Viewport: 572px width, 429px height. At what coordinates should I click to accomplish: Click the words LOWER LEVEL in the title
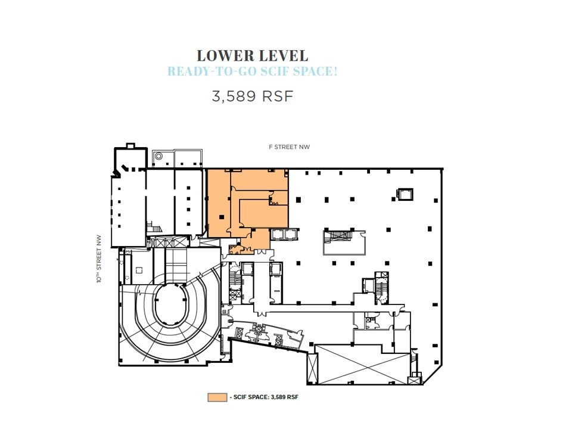(253, 56)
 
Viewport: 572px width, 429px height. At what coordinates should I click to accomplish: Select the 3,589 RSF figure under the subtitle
(253, 96)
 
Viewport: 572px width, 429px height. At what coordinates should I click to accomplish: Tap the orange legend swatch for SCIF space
(217, 397)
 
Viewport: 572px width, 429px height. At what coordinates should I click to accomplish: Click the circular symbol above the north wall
(158, 156)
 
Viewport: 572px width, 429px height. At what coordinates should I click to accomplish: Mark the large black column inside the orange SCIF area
(222, 217)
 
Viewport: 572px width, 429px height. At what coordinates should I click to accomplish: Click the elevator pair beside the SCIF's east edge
(279, 234)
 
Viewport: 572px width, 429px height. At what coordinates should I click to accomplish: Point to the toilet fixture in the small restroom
(371, 320)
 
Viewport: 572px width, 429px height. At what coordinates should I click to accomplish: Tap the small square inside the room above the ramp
(139, 269)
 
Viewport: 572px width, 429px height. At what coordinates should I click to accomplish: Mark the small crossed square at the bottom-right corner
(413, 380)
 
